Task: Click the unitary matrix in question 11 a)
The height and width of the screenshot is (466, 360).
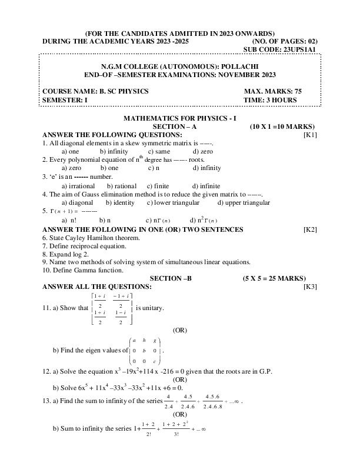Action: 111,308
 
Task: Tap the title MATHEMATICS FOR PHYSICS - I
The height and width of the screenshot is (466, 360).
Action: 179,118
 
